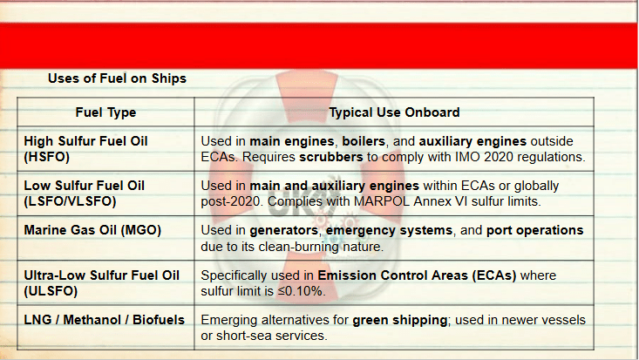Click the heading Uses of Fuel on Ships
pyautogui.click(x=117, y=78)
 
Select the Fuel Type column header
pyautogui.click(x=105, y=112)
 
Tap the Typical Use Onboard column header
pyautogui.click(x=394, y=112)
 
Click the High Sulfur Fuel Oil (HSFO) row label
pyautogui.click(x=85, y=149)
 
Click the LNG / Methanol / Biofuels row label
pyautogui.click(x=105, y=320)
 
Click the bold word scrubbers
pyautogui.click(x=331, y=157)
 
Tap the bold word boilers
pyautogui.click(x=364, y=141)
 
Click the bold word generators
pyautogui.click(x=283, y=230)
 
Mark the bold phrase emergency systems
pyautogui.click(x=389, y=230)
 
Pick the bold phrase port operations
pyautogui.click(x=534, y=230)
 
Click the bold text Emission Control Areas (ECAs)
pyautogui.click(x=417, y=275)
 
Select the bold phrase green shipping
pyautogui.click(x=400, y=320)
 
